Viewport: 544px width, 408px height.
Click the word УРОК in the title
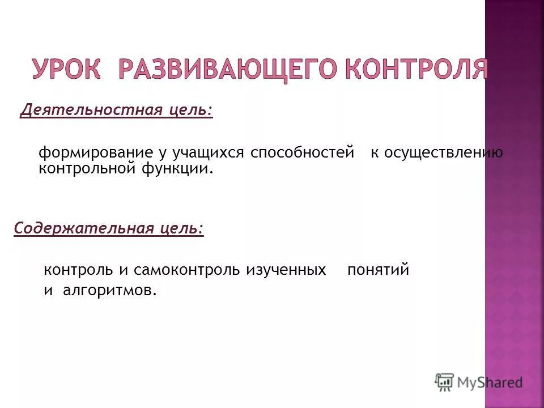pyautogui.click(x=67, y=69)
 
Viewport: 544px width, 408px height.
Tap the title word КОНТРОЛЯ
pyautogui.click(x=416, y=69)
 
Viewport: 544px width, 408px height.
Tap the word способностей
pyautogui.click(x=302, y=154)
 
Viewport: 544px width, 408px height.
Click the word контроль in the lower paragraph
pyautogui.click(x=76, y=270)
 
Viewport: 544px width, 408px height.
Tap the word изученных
pyautogui.click(x=286, y=270)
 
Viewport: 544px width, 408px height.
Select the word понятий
pyautogui.click(x=378, y=270)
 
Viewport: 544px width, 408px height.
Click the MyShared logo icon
pyautogui.click(x=445, y=382)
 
